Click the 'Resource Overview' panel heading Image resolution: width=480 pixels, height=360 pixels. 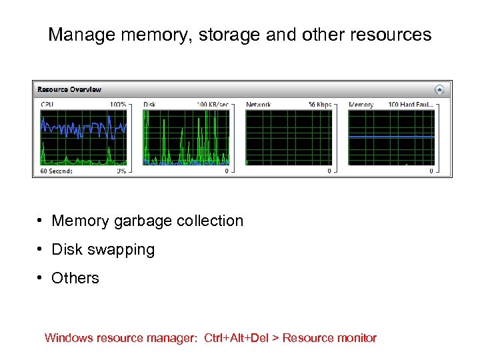click(x=69, y=89)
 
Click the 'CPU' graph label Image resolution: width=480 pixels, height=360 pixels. click(x=47, y=105)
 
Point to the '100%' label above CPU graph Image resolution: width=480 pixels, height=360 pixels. click(x=118, y=105)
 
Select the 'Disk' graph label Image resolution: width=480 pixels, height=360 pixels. click(x=150, y=105)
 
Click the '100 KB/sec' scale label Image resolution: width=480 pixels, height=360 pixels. click(x=213, y=105)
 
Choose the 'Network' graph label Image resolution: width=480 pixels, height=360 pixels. click(x=258, y=105)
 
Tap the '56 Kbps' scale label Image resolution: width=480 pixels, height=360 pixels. click(x=320, y=105)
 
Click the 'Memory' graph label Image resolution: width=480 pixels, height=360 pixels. click(x=361, y=105)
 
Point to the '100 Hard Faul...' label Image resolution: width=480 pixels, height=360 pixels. click(x=411, y=105)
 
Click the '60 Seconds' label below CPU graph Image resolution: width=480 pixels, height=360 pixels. click(x=56, y=171)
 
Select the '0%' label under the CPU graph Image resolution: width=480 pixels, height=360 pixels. click(x=121, y=171)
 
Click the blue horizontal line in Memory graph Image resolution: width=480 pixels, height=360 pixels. click(x=391, y=136)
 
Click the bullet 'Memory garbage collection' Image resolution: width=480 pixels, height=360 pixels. click(x=147, y=221)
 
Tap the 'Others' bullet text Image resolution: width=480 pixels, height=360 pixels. click(x=75, y=279)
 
